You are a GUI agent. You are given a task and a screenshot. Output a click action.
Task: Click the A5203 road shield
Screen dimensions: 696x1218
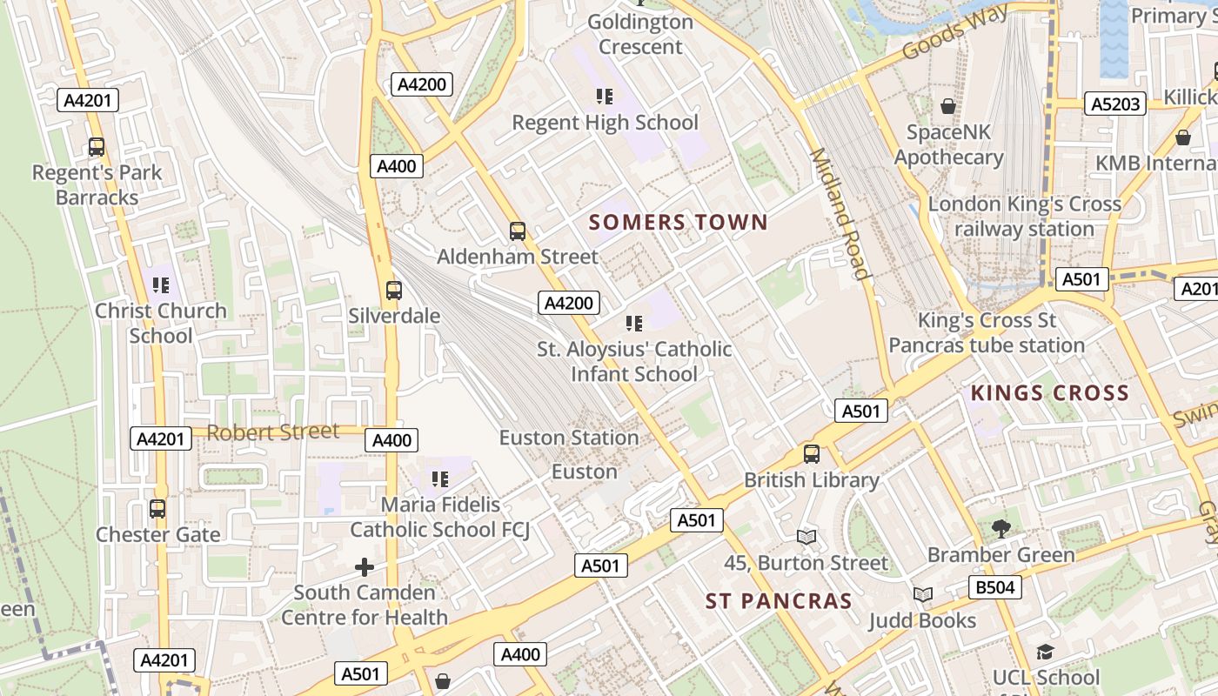click(x=1115, y=104)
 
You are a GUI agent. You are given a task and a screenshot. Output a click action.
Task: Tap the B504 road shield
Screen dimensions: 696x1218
click(x=995, y=587)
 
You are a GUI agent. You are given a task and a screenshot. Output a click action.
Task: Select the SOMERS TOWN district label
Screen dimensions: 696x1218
click(x=679, y=222)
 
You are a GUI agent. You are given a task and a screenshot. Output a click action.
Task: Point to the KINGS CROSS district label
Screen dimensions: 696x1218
click(x=1050, y=392)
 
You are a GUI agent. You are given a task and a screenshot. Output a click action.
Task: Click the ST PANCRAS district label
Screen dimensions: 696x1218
click(x=779, y=601)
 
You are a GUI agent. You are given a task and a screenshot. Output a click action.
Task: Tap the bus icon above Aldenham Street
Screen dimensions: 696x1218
click(x=518, y=231)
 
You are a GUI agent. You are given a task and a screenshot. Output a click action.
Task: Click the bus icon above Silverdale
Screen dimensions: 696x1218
click(x=394, y=291)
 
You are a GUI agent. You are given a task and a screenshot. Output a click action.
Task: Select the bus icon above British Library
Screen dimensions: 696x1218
click(x=812, y=454)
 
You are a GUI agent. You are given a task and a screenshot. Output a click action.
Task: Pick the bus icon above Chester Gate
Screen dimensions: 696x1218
click(x=157, y=509)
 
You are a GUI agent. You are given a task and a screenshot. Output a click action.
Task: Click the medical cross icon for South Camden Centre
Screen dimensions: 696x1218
click(x=365, y=568)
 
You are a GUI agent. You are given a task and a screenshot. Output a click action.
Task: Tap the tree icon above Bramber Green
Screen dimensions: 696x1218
click(x=1001, y=528)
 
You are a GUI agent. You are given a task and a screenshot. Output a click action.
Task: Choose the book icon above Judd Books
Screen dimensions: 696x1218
click(x=923, y=594)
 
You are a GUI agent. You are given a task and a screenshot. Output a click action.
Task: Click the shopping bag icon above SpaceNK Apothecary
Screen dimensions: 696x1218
click(x=948, y=106)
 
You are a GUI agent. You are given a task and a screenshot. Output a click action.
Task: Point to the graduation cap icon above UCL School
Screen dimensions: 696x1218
click(x=1045, y=652)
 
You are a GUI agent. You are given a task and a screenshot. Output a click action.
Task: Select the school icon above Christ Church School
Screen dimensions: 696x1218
click(x=160, y=284)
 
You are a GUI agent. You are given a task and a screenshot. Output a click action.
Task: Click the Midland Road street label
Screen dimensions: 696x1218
click(x=840, y=214)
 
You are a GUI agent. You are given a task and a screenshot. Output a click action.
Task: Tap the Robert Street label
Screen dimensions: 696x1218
click(x=272, y=432)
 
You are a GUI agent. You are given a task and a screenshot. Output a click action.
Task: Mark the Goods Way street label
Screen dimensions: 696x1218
click(x=955, y=32)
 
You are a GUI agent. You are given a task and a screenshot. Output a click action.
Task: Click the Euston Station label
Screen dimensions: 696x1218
click(x=569, y=438)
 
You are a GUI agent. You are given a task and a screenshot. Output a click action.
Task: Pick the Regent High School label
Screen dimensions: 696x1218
click(x=605, y=123)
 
